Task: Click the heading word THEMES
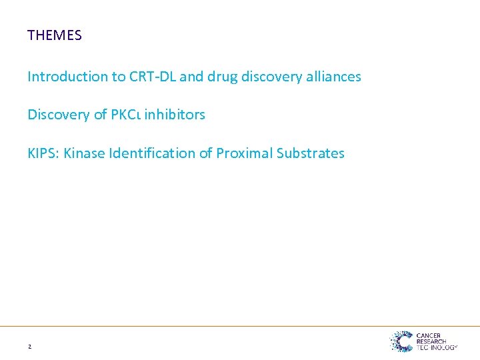(55, 35)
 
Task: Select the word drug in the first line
(221, 77)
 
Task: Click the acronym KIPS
(42, 153)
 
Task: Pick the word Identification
(152, 153)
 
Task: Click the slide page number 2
(30, 347)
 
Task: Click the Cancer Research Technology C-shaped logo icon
(401, 341)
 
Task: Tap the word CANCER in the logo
(429, 336)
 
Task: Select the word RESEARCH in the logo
(432, 341)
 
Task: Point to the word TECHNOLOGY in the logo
(436, 347)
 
